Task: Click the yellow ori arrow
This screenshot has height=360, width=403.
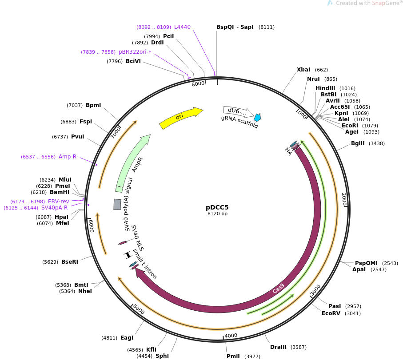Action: click(180, 118)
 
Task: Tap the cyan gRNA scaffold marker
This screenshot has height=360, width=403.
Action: click(258, 117)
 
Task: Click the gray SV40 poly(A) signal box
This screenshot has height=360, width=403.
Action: click(117, 204)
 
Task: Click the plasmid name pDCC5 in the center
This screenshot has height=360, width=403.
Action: click(217, 207)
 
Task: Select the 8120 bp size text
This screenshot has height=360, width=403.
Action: click(217, 214)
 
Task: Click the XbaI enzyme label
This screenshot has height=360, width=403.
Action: click(303, 70)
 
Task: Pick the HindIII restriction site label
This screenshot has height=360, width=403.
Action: click(325, 88)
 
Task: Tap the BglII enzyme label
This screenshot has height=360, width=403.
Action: click(358, 143)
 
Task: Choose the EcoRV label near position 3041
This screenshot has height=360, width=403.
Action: click(331, 313)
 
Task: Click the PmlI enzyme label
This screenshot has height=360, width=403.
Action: click(233, 356)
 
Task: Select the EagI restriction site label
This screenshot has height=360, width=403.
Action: click(127, 338)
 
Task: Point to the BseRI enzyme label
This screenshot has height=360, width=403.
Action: click(70, 262)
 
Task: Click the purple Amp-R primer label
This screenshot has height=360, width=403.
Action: click(68, 157)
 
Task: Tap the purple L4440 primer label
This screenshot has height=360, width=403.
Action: click(182, 27)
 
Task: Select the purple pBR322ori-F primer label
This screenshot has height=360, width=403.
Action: click(135, 52)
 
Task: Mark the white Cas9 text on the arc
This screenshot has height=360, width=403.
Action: click(278, 289)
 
